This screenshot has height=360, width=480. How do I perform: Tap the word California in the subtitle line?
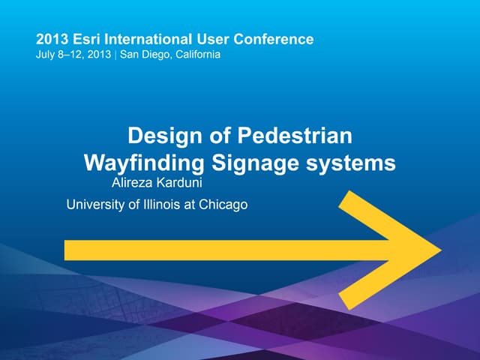pos(196,55)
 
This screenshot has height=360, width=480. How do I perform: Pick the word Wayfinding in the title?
pos(143,163)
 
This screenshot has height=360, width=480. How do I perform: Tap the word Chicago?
pos(223,204)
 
